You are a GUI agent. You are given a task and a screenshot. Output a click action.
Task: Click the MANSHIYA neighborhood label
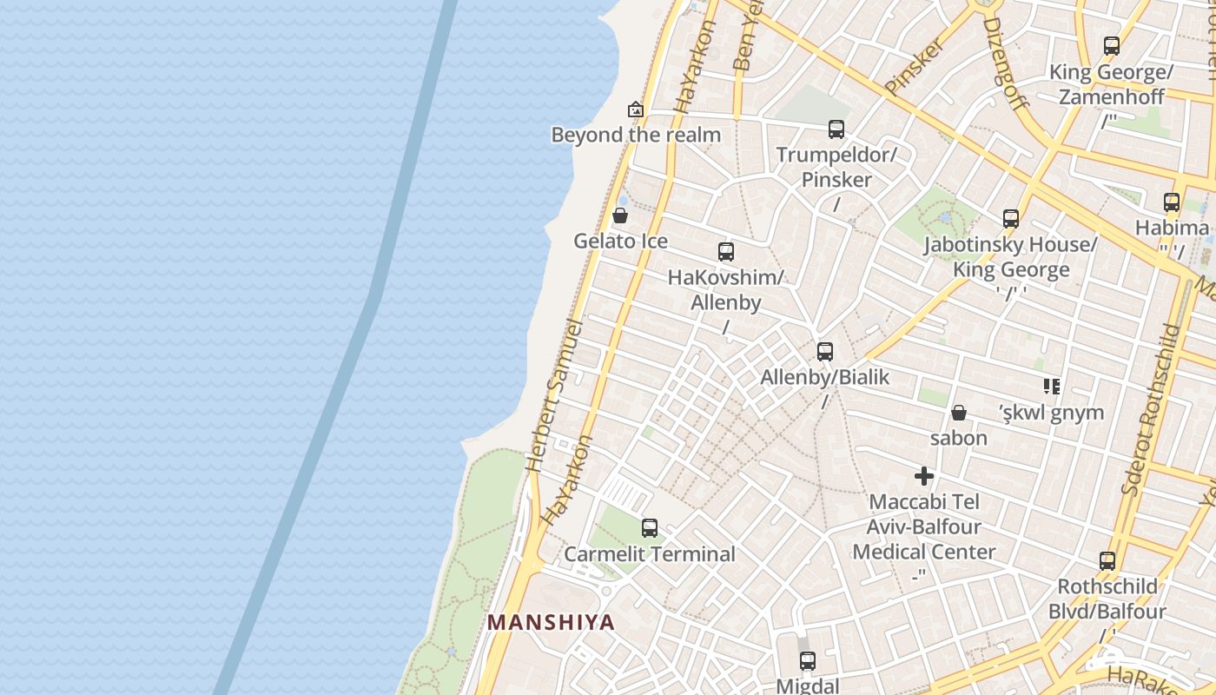pos(551,622)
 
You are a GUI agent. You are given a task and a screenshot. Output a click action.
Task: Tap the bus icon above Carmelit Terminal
pos(649,527)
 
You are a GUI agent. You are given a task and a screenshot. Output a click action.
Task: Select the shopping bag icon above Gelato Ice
pos(620,215)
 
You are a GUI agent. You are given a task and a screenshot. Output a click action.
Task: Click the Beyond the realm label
pos(636,135)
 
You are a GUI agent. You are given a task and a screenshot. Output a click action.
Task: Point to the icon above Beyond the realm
pos(636,109)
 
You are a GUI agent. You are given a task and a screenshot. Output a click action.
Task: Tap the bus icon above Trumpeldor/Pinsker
pos(836,129)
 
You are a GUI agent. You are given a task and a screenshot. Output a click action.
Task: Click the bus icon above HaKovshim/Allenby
pos(726,252)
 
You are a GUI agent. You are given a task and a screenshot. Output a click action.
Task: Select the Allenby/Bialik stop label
pos(824,377)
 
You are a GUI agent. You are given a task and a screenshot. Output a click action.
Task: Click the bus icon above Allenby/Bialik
pos(824,352)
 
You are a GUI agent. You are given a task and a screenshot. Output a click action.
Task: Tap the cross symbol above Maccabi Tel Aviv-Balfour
pos(924,476)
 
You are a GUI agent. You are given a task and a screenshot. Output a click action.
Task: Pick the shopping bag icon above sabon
pos(959,412)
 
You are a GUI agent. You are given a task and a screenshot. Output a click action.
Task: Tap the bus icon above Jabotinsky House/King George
pos(1010,219)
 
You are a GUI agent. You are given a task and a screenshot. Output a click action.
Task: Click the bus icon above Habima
pos(1171,202)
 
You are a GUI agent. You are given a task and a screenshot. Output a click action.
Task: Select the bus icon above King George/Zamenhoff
pos(1111,46)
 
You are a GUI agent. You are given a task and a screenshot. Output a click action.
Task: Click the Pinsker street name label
pos(914,66)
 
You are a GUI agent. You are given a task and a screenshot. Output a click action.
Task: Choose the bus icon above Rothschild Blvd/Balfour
pos(1107,561)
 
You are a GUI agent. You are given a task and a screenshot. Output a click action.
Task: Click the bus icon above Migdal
pos(808,660)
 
